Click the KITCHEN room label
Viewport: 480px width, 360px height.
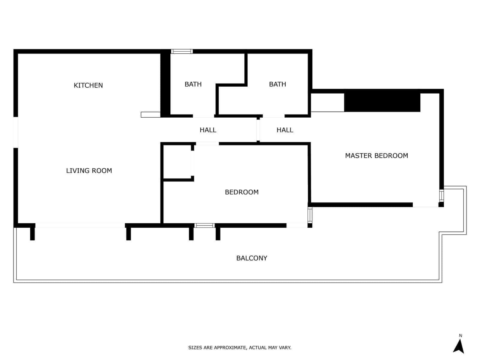coord(88,85)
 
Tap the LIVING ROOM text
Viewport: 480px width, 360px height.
coord(89,171)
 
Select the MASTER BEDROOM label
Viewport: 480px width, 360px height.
coord(376,156)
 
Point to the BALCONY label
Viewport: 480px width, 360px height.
coord(252,258)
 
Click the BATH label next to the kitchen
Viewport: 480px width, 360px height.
coord(193,84)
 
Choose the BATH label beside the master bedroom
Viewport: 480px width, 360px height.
coord(277,84)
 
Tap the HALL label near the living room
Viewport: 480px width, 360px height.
coord(208,130)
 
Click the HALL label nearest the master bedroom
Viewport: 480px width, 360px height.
coord(285,130)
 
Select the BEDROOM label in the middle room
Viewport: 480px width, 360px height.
coord(241,192)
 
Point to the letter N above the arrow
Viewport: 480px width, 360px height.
coord(460,336)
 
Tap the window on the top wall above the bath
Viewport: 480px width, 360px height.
coord(182,52)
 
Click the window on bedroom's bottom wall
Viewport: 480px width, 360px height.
coord(205,226)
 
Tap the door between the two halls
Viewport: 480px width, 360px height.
coord(258,130)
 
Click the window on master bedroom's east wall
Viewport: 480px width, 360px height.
coord(441,195)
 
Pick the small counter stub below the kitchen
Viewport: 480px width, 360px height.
coord(151,115)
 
